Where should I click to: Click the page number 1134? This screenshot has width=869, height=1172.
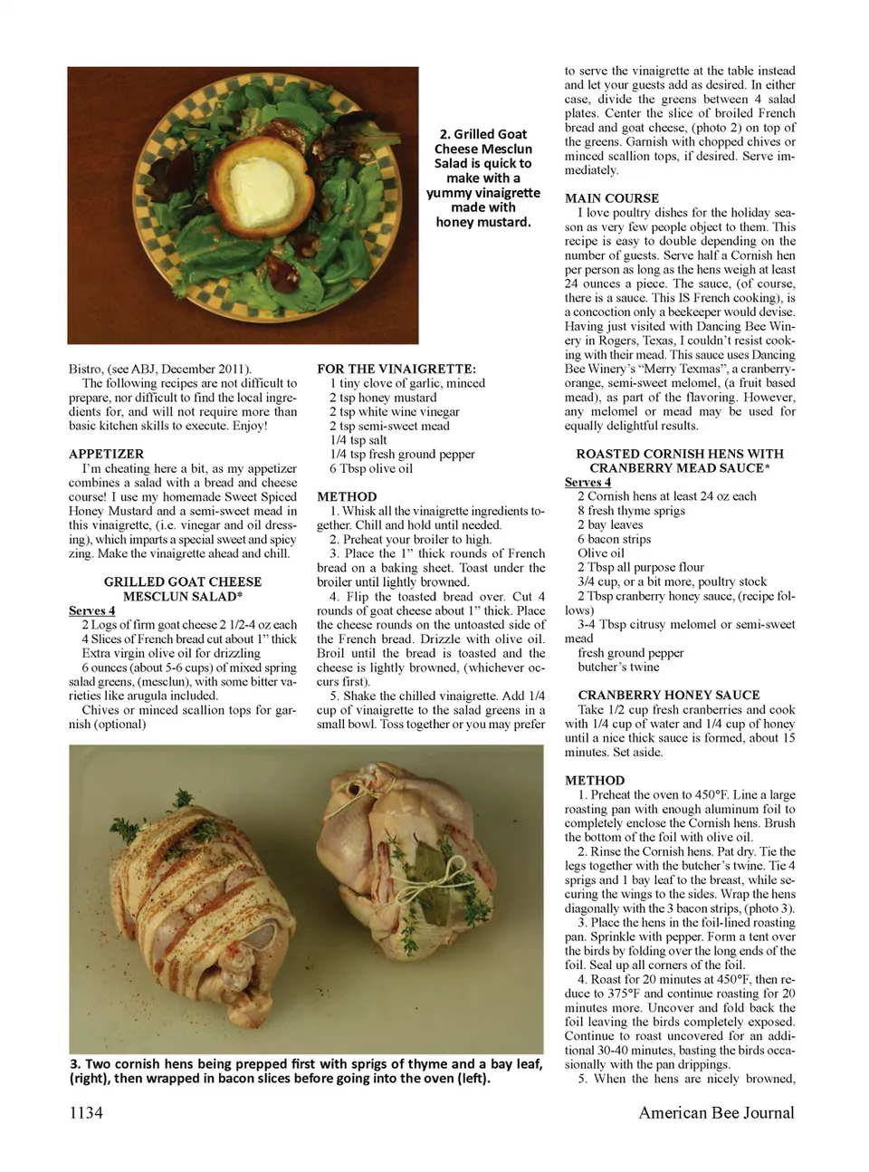pos(86,1112)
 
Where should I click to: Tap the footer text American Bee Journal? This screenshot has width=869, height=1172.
pos(716,1112)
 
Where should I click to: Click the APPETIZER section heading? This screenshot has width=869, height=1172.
pos(106,454)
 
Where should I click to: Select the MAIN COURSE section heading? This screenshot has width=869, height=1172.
pos(612,198)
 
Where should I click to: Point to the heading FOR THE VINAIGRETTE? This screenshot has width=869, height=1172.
pos(396,369)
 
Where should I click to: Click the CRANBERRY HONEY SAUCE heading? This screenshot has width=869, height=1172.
pos(669,695)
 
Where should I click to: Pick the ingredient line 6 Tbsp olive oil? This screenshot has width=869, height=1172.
pos(371,468)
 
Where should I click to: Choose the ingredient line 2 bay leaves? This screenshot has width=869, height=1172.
pos(610,524)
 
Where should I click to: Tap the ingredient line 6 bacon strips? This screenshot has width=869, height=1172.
pos(614,539)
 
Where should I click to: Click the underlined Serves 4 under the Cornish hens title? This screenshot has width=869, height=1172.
pos(587,482)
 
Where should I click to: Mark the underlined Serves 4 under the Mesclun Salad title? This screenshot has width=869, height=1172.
pos(91,610)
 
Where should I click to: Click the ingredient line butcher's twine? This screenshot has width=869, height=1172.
pos(617,667)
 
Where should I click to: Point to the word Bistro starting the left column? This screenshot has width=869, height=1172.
pos(86,369)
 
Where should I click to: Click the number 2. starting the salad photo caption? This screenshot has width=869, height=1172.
pos(444,134)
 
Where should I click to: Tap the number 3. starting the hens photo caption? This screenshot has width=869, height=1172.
pos(75,1063)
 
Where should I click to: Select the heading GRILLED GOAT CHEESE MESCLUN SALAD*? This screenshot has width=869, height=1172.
pos(182,589)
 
